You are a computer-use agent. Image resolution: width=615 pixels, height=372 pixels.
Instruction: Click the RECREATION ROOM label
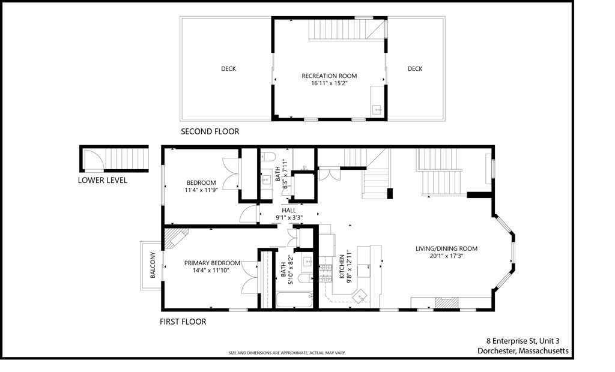pos(329,76)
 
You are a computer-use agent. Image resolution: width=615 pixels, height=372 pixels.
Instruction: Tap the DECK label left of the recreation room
pos(228,69)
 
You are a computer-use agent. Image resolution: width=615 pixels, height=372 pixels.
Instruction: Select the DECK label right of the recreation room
pos(415,69)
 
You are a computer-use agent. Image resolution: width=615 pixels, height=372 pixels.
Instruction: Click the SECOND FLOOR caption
pos(210,131)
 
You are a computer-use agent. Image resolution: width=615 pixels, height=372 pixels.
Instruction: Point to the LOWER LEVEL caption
pos(102,180)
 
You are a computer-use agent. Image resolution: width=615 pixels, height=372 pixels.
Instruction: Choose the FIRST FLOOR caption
pos(183,322)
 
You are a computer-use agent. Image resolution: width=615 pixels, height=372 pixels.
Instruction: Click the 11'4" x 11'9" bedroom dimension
pos(201,191)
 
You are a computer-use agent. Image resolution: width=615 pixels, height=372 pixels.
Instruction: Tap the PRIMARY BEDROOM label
pos(212,263)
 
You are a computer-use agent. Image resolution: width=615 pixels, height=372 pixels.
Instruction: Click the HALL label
pos(289,211)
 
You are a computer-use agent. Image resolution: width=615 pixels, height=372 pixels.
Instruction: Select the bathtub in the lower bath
pos(294,298)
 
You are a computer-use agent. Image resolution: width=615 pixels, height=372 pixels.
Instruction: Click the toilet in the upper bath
pos(268,157)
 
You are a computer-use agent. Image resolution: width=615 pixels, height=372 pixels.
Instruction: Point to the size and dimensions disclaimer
pos(287,353)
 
